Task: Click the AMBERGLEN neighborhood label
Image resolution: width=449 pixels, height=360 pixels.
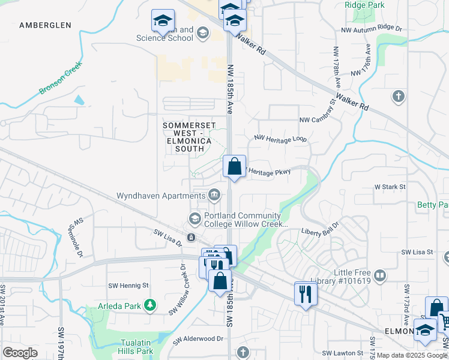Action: pos(45,25)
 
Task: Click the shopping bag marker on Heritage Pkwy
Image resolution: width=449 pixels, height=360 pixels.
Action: pos(235,166)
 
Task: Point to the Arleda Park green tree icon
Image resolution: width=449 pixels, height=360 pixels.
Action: pos(150,306)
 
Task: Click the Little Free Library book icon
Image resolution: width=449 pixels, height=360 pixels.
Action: pos(379,276)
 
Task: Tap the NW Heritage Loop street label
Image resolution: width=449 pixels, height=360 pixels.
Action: pos(280,139)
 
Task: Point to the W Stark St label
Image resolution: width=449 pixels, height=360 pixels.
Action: pos(390,187)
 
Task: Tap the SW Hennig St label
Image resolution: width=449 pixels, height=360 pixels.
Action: pos(128,286)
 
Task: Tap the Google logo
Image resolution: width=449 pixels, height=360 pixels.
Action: pos(20,353)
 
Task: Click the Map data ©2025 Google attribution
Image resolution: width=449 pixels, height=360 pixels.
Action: pos(412,356)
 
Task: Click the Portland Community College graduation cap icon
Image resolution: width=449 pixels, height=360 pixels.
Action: pos(194,217)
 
